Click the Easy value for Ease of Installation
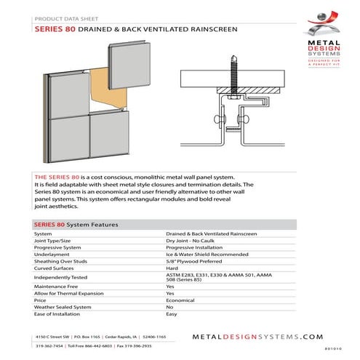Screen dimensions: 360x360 pos(172,314)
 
